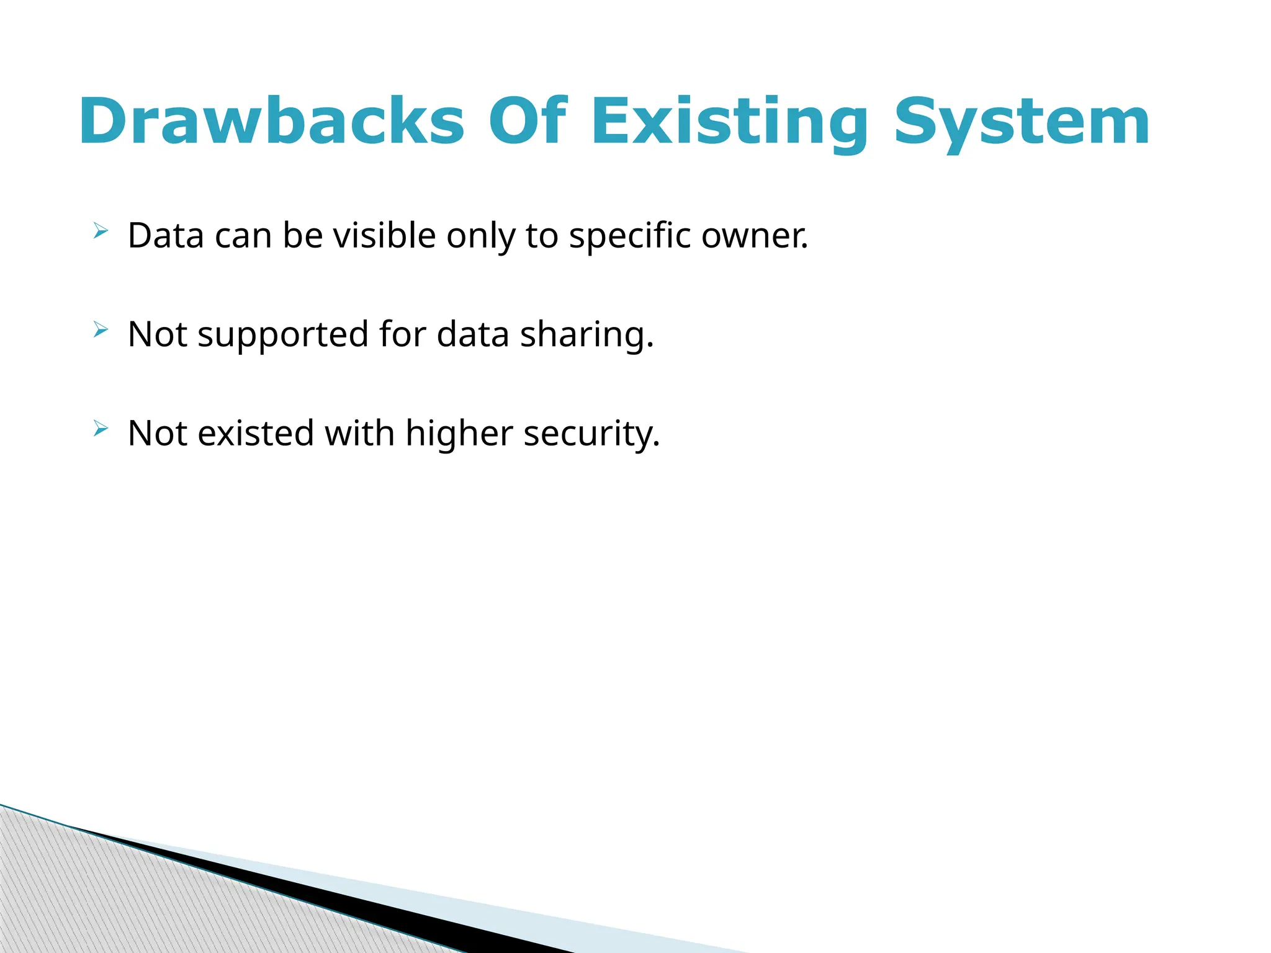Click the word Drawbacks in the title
pyautogui.click(x=271, y=122)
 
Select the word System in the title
pyautogui.click(x=1022, y=122)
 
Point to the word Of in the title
pyautogui.click(x=527, y=122)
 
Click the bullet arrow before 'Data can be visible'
pyautogui.click(x=101, y=231)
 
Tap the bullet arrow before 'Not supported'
pyautogui.click(x=101, y=330)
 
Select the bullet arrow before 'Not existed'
pyautogui.click(x=101, y=429)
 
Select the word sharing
pyautogui.click(x=586, y=334)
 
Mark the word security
pyautogui.click(x=591, y=433)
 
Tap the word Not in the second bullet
pyautogui.click(x=157, y=334)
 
